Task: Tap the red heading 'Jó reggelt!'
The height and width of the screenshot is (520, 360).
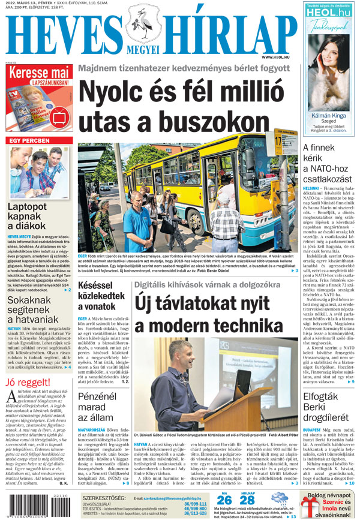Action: [x=30, y=382]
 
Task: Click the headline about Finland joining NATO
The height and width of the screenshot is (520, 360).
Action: [x=328, y=163]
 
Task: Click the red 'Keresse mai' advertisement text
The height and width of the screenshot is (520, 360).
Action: [x=37, y=78]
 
